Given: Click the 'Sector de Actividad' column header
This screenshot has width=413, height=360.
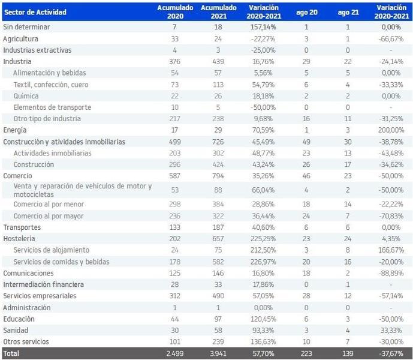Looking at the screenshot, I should click(x=35, y=12).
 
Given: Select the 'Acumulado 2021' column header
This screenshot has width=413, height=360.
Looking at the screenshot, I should click(x=215, y=12).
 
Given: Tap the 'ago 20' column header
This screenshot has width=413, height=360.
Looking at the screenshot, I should click(x=306, y=12).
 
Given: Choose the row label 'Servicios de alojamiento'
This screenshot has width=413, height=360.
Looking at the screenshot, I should click(x=51, y=250).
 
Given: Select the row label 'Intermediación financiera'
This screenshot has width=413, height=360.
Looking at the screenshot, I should click(x=43, y=284).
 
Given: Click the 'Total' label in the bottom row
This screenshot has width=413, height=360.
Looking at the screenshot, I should click(x=11, y=353).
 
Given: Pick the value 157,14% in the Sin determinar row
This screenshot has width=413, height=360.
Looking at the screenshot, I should click(x=261, y=27).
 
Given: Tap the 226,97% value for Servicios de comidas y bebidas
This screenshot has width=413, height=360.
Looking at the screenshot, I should click(x=261, y=261).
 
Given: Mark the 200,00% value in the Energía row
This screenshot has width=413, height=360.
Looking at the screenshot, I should click(x=390, y=130).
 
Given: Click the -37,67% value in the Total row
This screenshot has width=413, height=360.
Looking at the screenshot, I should click(x=390, y=353).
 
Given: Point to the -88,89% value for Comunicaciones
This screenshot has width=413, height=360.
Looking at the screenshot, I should click(x=390, y=272).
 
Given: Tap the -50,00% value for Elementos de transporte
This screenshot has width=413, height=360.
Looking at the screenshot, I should click(x=261, y=107).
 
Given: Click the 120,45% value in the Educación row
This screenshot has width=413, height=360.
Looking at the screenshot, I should click(x=261, y=319).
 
